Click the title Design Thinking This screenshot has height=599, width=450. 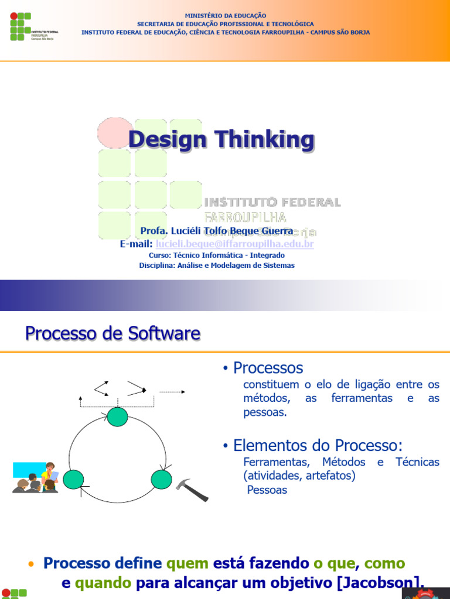[221, 140]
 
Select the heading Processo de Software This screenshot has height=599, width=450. [112, 334]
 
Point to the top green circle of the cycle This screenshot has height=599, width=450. [117, 417]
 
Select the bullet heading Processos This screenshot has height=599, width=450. [268, 368]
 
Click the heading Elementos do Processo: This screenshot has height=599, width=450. [318, 445]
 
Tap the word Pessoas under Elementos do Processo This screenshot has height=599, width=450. [267, 490]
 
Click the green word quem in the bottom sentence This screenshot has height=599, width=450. [187, 563]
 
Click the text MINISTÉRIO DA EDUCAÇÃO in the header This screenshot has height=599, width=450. [225, 15]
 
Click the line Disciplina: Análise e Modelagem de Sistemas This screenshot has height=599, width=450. [217, 266]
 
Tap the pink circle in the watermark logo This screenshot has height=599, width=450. [115, 133]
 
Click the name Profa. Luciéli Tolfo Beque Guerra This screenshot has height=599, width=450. [217, 232]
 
